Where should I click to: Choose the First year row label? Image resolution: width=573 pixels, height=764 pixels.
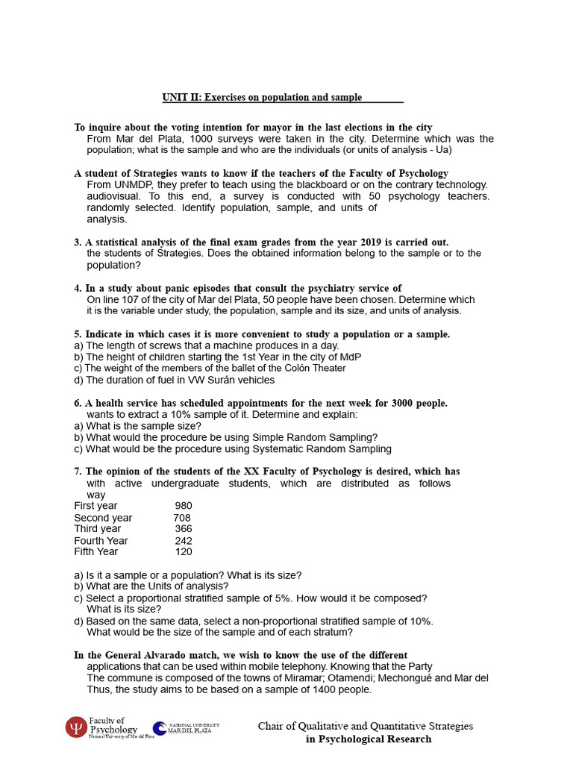95,506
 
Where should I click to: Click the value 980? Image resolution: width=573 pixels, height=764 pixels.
183,506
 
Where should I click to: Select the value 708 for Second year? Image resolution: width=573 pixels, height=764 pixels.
182,518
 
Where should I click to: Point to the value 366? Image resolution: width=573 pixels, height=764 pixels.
183,529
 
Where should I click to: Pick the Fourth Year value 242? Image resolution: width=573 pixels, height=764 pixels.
183,541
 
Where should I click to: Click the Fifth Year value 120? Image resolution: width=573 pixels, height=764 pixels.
183,552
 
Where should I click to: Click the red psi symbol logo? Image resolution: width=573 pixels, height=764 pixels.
75,727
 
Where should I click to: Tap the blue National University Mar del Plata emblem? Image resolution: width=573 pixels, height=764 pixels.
160,728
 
